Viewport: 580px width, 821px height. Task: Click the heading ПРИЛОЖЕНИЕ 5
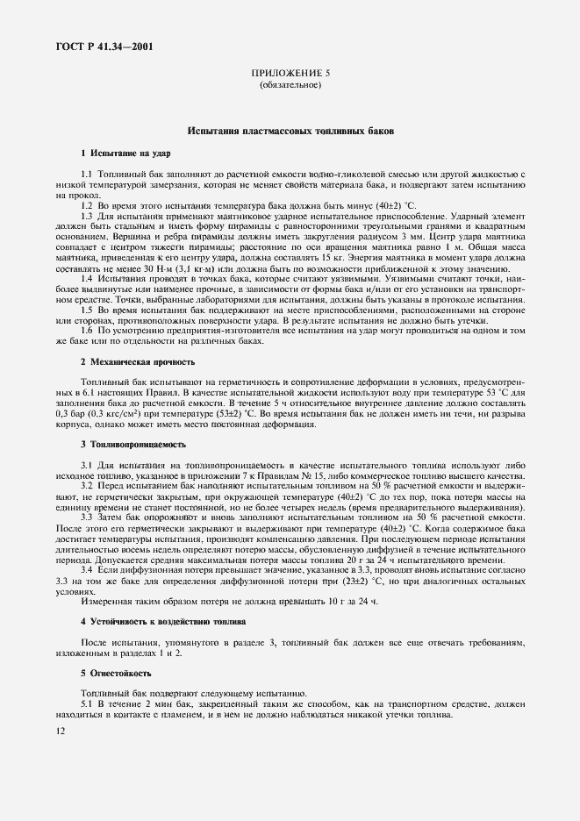point(290,75)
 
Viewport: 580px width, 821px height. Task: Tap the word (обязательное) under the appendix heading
point(290,86)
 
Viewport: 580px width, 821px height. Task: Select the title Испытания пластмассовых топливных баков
point(290,131)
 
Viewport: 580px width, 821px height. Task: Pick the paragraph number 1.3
point(87,215)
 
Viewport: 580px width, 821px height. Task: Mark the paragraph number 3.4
point(87,570)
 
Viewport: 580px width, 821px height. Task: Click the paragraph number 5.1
point(87,704)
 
